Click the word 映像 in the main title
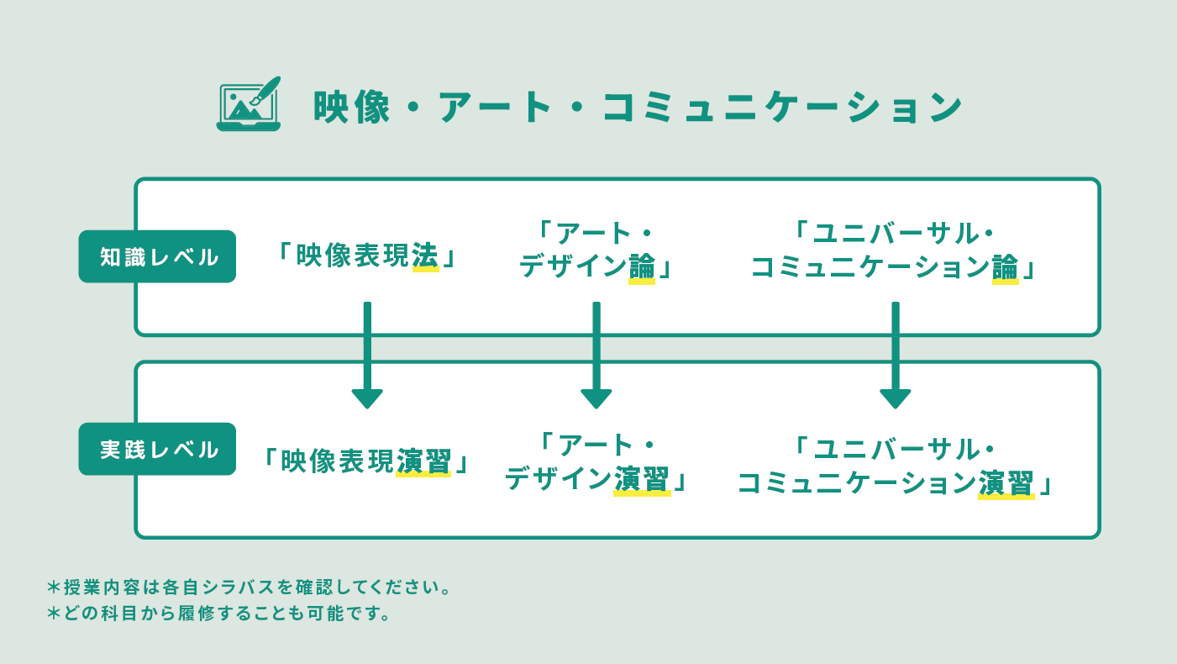pyautogui.click(x=352, y=107)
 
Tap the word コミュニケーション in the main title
pyautogui.click(x=782, y=107)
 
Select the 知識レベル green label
pyautogui.click(x=157, y=256)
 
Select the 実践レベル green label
pyautogui.click(x=157, y=449)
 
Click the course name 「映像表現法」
pyautogui.click(x=367, y=256)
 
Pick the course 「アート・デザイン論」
pyautogui.click(x=596, y=250)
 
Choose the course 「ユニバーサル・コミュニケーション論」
pyautogui.click(x=895, y=250)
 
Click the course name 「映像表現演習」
pyautogui.click(x=366, y=461)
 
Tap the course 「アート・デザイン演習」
pyautogui.click(x=596, y=462)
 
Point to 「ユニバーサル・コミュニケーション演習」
pyautogui.click(x=895, y=466)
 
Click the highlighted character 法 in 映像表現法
pyautogui.click(x=425, y=257)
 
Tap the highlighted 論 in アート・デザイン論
pyautogui.click(x=642, y=268)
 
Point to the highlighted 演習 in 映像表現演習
pyautogui.click(x=423, y=461)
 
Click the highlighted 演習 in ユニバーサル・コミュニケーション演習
pyautogui.click(x=1006, y=483)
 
